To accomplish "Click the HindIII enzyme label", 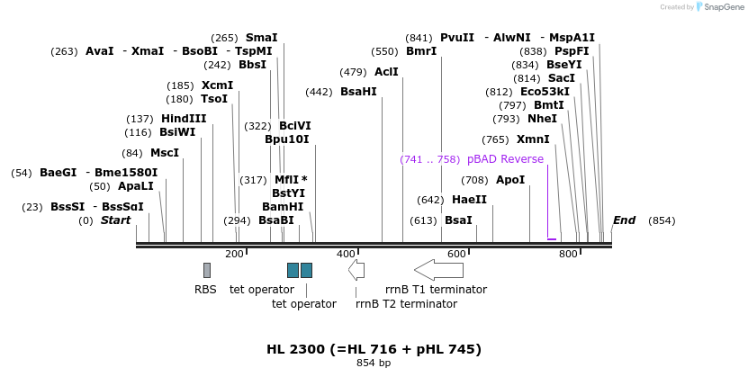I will point(184,119).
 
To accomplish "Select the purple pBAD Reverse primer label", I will point(505,159).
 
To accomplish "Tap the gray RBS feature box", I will point(207,270).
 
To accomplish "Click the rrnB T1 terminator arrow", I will point(438,270).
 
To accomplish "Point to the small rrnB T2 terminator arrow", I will point(356,270).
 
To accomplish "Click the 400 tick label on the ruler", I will point(347,255).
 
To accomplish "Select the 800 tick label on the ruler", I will point(568,255).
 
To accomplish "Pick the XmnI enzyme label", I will point(533,139).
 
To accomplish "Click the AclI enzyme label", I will point(386,72).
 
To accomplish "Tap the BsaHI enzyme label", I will point(358,92).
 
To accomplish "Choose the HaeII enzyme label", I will point(469,200).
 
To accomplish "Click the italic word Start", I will point(115,220).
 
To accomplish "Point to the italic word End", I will point(624,220).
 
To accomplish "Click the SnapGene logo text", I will point(723,7).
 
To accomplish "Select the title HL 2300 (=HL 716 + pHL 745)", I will point(374,349).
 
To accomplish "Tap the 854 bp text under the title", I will point(374,364).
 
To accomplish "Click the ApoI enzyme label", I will point(510,180).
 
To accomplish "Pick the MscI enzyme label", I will point(165,153).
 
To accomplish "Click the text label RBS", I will point(205,290).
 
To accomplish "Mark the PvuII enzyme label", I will point(457,38).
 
